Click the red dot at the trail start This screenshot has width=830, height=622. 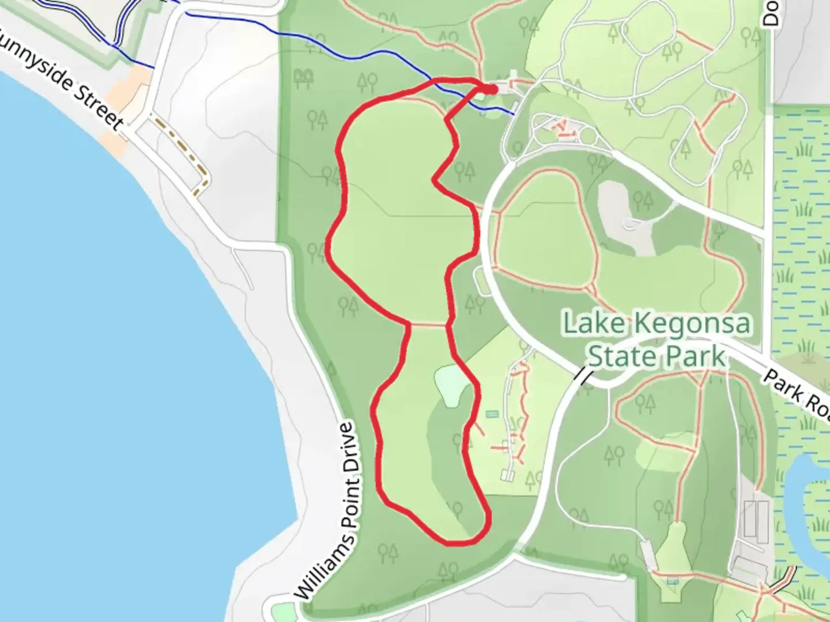491,89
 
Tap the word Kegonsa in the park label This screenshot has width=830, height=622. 693,324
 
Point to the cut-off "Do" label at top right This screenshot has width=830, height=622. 771,13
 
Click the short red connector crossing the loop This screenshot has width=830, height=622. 428,325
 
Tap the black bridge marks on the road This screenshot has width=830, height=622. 583,377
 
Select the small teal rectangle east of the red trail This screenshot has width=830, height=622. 492,414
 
